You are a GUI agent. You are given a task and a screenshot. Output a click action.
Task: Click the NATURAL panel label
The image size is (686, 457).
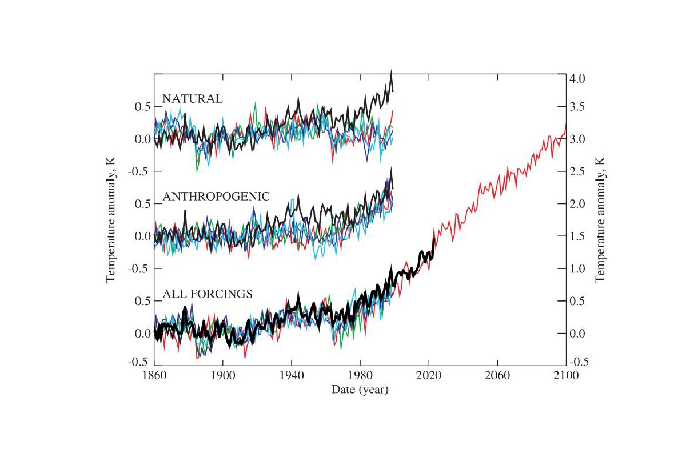(192, 98)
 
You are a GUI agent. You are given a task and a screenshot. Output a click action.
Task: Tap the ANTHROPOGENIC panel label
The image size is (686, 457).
(216, 196)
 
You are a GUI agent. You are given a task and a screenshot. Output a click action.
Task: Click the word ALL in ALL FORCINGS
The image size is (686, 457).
(173, 294)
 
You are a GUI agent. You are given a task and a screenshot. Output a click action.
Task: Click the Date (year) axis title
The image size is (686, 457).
(360, 390)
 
